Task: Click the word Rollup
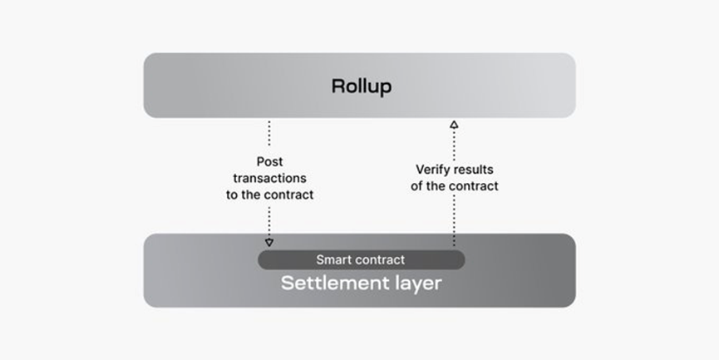tap(361, 86)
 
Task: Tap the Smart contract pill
tap(361, 260)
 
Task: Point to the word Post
tap(269, 161)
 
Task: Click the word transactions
tap(269, 178)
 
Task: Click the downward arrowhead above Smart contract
tap(269, 242)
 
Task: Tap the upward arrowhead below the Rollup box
tap(454, 124)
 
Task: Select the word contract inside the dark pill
tap(378, 260)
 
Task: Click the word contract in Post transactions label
tap(289, 195)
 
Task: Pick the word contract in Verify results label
tap(474, 186)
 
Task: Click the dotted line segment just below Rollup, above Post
tap(269, 136)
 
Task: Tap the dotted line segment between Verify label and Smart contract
tap(454, 220)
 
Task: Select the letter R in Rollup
tap(337, 86)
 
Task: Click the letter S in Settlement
tap(287, 284)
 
